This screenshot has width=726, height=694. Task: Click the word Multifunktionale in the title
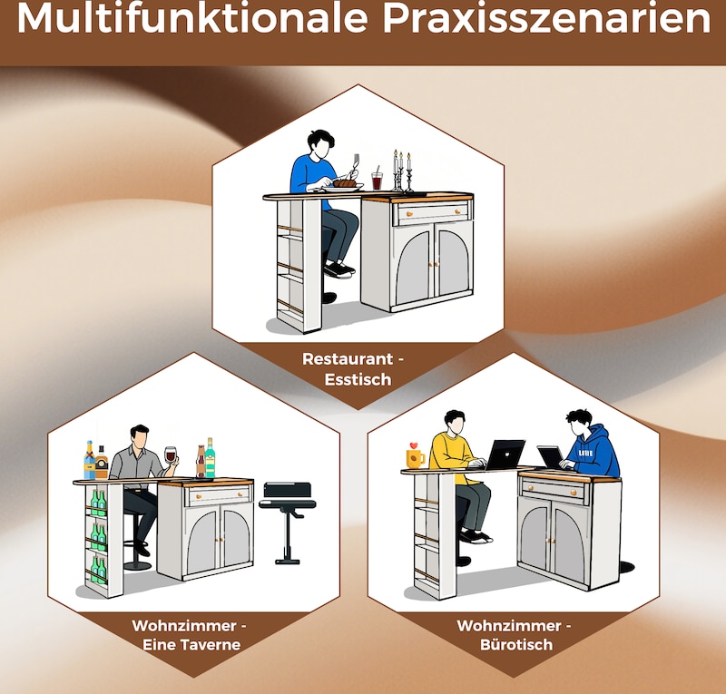pos(192,19)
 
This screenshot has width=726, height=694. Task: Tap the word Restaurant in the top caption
pos(348,359)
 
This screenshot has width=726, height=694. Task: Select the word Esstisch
pos(358,379)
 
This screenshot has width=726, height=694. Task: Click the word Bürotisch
pos(516,645)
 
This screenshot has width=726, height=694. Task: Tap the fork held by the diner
pos(356,164)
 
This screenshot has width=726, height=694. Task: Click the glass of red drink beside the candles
pos(377,180)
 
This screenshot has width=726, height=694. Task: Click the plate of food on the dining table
pos(344,186)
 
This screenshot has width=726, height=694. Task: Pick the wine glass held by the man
pos(171,456)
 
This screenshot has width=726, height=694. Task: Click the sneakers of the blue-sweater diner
pos(338,269)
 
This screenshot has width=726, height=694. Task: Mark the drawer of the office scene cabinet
pos(554,489)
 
